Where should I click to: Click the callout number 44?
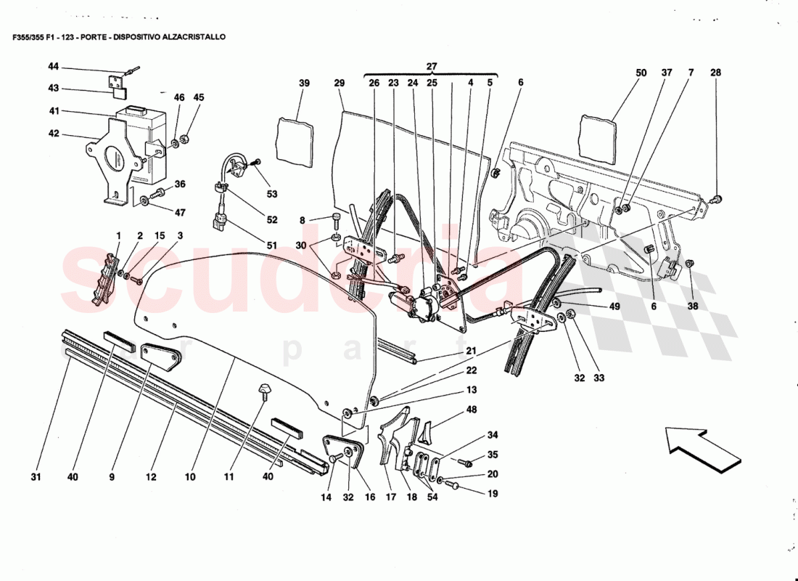click(53, 66)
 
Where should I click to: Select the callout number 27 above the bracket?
click(432, 67)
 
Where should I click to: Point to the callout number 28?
click(716, 73)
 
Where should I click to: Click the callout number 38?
click(693, 306)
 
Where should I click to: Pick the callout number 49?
click(614, 306)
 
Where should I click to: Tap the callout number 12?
click(150, 477)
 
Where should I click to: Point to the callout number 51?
click(271, 245)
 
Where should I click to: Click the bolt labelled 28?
click(716, 198)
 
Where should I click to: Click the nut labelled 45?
click(184, 138)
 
